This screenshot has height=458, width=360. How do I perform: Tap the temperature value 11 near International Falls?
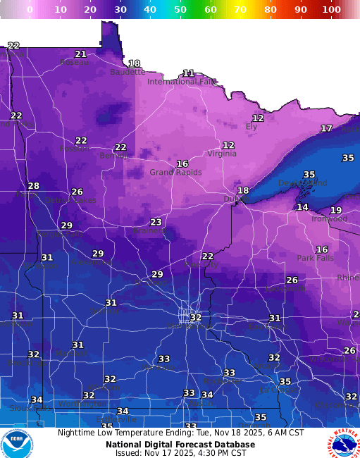click(188, 73)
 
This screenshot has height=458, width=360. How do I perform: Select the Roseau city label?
click(74, 62)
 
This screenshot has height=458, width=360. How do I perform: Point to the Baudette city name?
click(128, 72)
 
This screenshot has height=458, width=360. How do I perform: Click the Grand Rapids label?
click(175, 173)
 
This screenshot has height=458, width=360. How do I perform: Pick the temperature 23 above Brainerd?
click(156, 222)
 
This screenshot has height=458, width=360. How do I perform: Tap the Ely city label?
click(251, 127)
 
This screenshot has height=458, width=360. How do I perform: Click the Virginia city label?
click(222, 154)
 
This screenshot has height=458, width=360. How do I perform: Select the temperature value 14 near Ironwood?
click(302, 207)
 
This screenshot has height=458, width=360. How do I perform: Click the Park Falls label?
click(314, 259)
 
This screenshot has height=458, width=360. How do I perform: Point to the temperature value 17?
click(326, 128)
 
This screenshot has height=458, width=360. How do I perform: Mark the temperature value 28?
click(33, 186)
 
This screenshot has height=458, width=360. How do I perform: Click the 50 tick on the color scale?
click(180, 10)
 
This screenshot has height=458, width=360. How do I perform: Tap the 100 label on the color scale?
click(331, 10)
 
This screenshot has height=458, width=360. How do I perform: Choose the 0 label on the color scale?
click(30, 10)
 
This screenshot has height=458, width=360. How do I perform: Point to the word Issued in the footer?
click(129, 453)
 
